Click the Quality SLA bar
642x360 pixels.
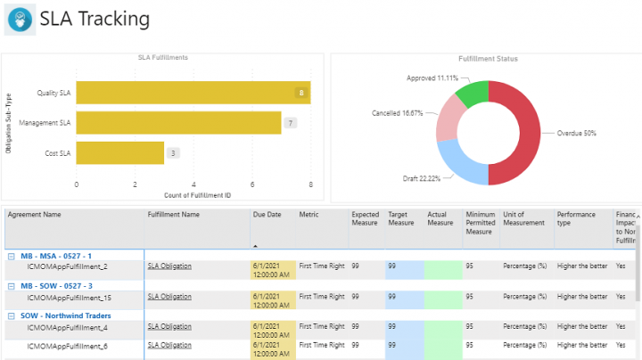[193, 93]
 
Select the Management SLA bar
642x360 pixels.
[178, 122]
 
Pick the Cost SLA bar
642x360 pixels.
[119, 152]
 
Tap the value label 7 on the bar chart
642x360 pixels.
[290, 123]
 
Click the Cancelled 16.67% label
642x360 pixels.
[397, 114]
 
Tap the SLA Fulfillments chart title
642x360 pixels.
[162, 58]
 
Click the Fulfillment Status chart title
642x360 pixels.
[488, 59]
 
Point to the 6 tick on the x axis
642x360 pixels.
[252, 185]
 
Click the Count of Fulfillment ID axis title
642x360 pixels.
[193, 195]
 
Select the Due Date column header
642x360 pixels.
[267, 215]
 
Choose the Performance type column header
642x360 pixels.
[576, 218]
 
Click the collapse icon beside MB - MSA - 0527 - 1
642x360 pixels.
[11, 256]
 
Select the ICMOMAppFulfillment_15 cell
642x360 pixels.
[70, 297]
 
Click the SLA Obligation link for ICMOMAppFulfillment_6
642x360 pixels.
[169, 345]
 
